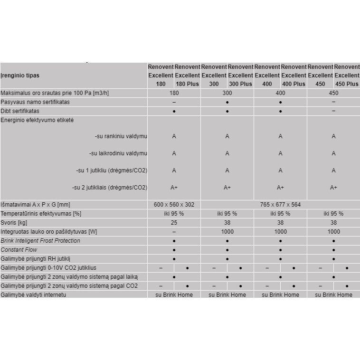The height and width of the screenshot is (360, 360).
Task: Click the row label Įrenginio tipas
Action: [20, 76]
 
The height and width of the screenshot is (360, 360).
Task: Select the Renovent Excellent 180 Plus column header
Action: [187, 76]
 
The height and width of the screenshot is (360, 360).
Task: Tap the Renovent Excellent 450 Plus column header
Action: [347, 76]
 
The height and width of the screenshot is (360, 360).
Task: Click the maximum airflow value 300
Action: [227, 93]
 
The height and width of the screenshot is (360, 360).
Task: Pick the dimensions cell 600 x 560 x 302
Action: [174, 205]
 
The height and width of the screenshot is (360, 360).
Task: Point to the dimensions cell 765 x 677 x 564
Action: [280, 205]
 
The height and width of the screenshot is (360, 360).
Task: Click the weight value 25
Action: [174, 223]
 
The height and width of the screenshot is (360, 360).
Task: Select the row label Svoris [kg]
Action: [15, 223]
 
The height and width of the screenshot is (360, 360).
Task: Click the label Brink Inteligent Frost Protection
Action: [40, 241]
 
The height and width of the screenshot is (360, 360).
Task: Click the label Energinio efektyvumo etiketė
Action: [38, 120]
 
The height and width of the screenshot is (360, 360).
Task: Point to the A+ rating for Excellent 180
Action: [174, 188]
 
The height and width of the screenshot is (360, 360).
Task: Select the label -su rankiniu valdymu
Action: [121, 137]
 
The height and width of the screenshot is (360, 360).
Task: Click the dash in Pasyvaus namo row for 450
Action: [333, 102]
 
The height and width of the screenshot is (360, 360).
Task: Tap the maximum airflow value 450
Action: [333, 93]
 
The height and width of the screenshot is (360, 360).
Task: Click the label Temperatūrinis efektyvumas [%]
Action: [41, 214]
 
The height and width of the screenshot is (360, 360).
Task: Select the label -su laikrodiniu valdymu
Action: [118, 153]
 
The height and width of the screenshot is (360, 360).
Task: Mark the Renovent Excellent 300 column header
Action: [214, 76]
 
